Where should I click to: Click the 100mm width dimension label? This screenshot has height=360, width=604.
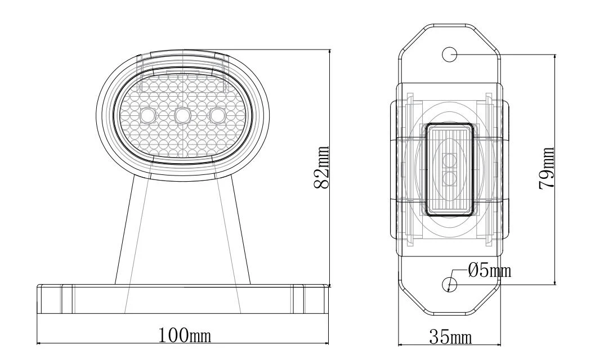(x=185, y=335)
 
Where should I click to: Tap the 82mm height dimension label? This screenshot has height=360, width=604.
(x=321, y=168)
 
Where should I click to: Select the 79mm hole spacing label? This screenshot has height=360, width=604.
(x=546, y=168)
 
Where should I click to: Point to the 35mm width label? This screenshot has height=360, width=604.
(x=451, y=337)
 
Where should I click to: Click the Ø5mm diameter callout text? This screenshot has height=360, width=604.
(x=490, y=271)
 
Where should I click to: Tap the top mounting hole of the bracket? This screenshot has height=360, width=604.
(x=449, y=55)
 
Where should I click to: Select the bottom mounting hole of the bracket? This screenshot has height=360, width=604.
(x=449, y=284)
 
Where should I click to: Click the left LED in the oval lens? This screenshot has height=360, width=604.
(x=147, y=115)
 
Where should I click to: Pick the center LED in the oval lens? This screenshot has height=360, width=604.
(x=182, y=114)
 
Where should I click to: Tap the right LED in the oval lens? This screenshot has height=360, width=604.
(x=217, y=115)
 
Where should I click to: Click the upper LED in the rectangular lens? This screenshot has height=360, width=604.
(x=449, y=160)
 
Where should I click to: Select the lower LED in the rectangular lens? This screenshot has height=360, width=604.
(x=449, y=178)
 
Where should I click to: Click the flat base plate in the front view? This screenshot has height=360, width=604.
(x=183, y=299)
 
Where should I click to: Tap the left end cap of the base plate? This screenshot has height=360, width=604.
(x=50, y=299)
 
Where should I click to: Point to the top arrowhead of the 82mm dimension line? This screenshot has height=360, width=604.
(x=330, y=52)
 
